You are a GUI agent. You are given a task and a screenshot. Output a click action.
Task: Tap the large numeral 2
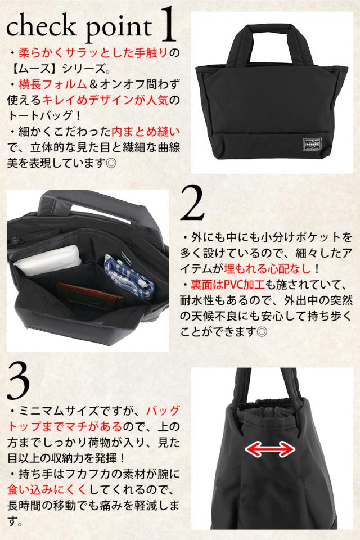[192, 202]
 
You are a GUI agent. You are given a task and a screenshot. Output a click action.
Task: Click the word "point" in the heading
[119, 28]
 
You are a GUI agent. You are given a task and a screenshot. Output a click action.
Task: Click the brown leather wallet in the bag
[89, 295]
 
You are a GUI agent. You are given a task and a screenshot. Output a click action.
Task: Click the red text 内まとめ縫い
[146, 131]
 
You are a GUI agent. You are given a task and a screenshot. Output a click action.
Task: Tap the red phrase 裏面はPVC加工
[227, 285]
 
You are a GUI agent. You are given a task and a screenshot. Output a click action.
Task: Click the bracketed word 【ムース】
[34, 68]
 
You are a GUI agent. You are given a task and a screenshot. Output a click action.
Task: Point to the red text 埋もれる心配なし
[267, 269]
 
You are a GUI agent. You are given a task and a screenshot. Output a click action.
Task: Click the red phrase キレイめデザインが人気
[105, 100]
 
